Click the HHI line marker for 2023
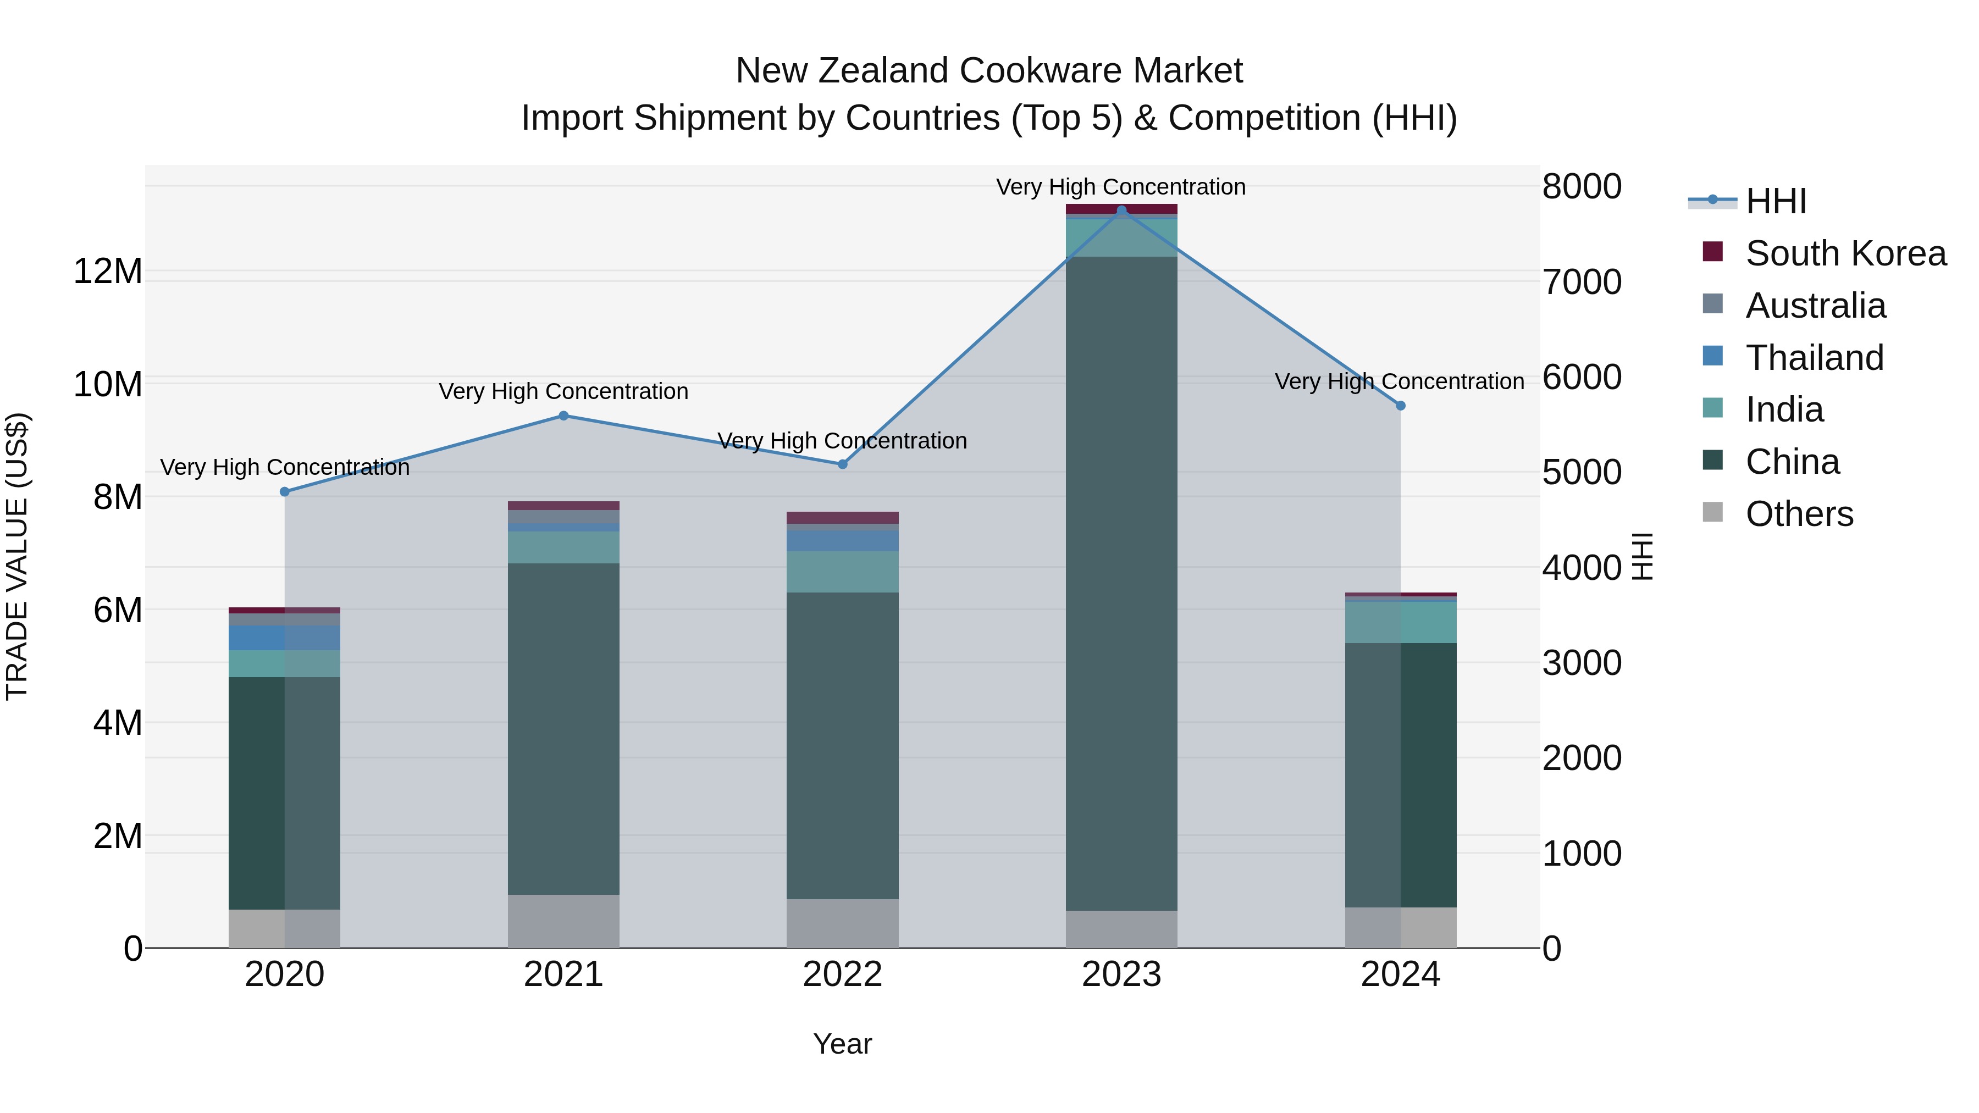(1121, 211)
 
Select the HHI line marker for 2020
(285, 491)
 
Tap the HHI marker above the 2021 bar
(563, 416)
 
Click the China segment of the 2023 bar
(1121, 584)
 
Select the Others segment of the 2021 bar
(563, 921)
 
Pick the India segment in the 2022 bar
(842, 572)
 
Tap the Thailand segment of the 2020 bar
(284, 638)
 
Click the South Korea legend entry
(1844, 253)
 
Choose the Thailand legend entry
(1813, 358)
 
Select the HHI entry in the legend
(1775, 201)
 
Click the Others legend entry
(1798, 514)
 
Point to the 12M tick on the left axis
(108, 271)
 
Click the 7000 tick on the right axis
(1581, 282)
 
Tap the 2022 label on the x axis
(842, 974)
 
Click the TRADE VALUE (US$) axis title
(17, 556)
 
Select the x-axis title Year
(842, 1044)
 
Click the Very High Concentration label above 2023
(1121, 187)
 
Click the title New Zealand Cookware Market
(989, 71)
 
